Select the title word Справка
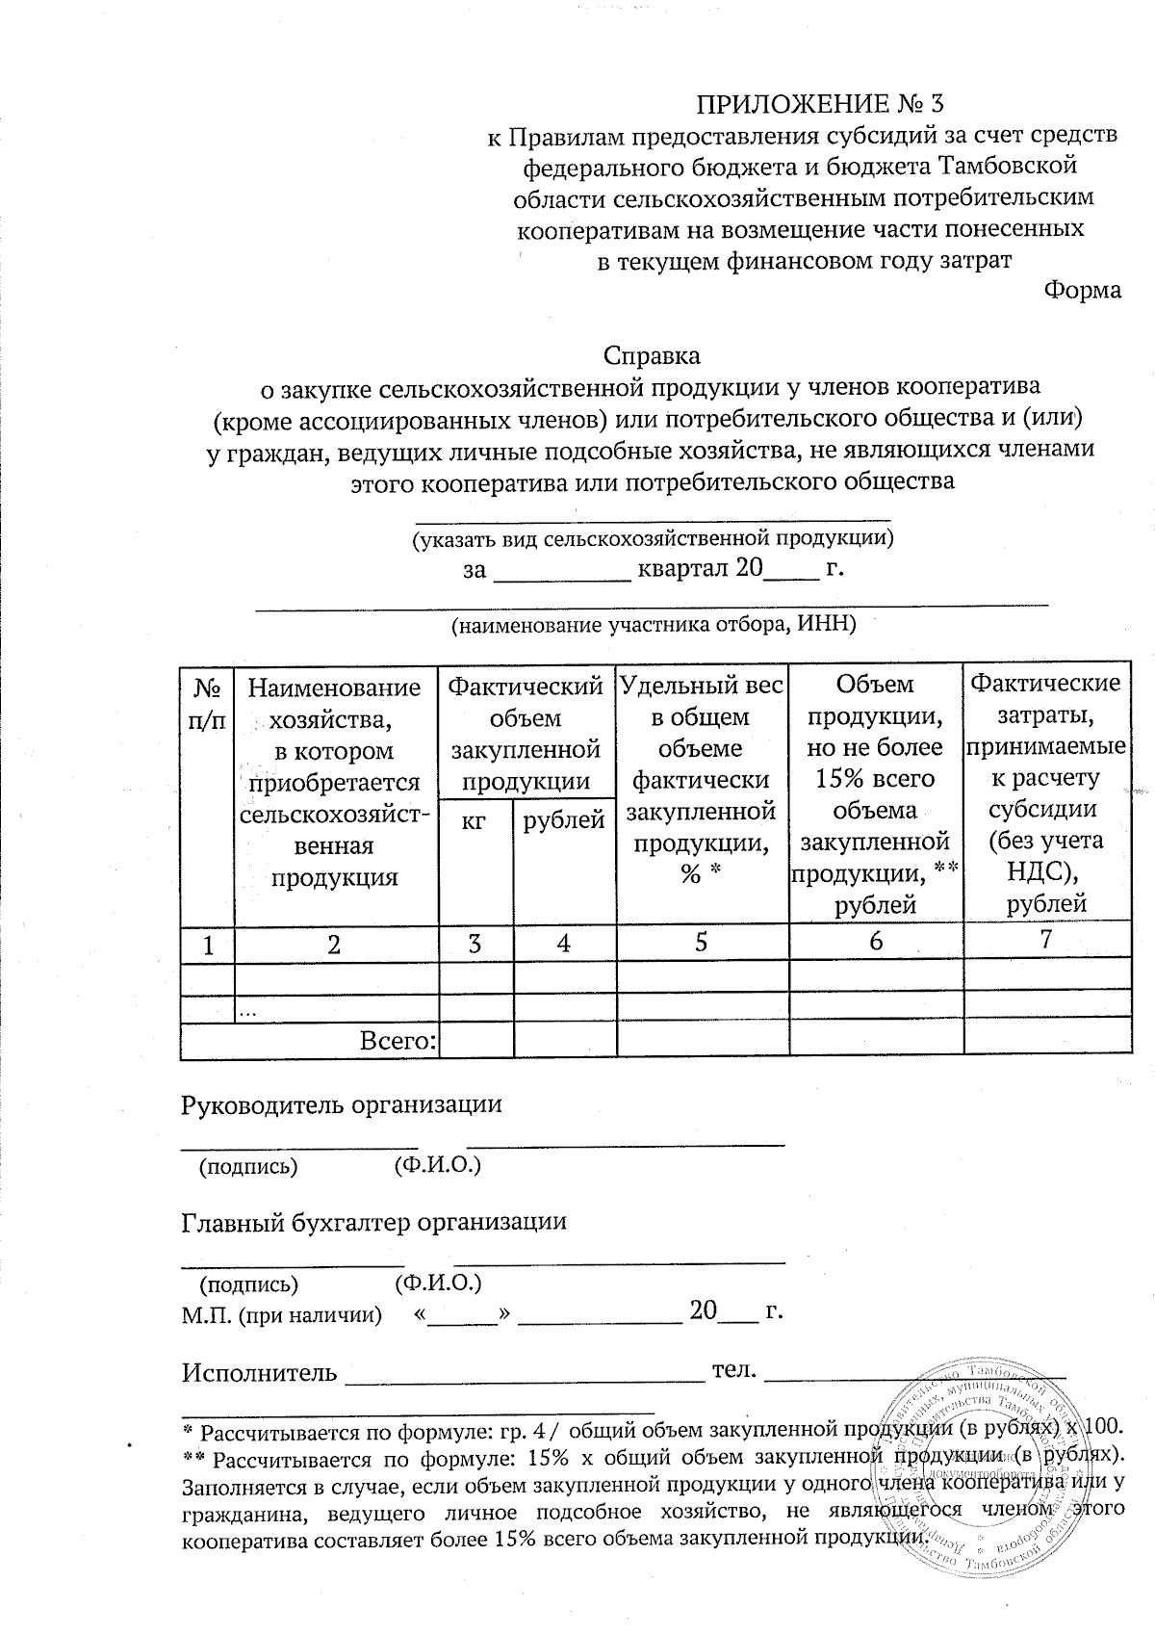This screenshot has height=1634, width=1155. click(652, 355)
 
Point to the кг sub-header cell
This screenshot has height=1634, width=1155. click(475, 820)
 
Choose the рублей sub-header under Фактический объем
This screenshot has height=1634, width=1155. click(564, 820)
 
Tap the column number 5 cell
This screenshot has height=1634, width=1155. click(702, 942)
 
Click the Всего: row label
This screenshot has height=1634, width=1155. click(398, 1040)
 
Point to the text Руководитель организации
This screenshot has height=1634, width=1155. click(342, 1103)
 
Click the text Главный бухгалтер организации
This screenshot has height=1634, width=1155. click(373, 1221)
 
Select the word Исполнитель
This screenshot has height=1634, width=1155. click(259, 1372)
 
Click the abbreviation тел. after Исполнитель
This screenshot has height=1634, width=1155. click(733, 1370)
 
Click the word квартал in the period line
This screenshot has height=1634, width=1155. click(681, 568)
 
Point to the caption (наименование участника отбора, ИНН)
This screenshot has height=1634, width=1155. click(654, 624)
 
